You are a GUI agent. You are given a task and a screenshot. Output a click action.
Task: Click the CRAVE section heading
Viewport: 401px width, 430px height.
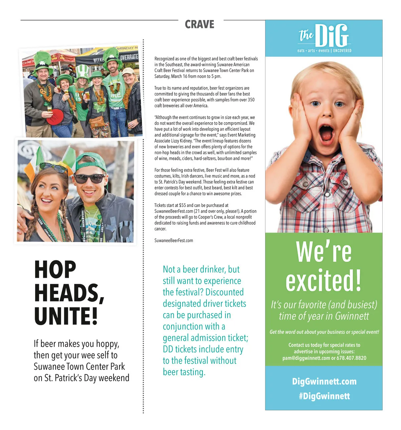(x=199, y=24)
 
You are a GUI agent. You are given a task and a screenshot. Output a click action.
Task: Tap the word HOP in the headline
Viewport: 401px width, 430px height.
(x=55, y=270)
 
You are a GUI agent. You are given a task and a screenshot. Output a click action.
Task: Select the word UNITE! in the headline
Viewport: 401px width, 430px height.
(x=66, y=316)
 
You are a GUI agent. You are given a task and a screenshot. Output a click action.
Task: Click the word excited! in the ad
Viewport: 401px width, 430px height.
(x=323, y=281)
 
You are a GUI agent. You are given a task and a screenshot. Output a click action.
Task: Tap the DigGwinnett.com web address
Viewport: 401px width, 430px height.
(x=324, y=381)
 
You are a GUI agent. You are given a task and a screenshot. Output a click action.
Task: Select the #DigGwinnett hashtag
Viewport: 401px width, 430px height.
(x=324, y=396)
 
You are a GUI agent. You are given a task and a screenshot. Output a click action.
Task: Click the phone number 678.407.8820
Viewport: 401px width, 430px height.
(x=351, y=358)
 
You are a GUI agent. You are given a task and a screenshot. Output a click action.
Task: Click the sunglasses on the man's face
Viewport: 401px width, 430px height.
(x=89, y=179)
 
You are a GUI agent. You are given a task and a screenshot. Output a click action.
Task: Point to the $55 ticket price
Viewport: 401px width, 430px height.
(x=182, y=205)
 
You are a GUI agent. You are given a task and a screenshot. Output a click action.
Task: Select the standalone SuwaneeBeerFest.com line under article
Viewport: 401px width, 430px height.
(x=173, y=240)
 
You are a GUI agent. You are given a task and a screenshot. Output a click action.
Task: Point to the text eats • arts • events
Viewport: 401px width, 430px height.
(x=313, y=51)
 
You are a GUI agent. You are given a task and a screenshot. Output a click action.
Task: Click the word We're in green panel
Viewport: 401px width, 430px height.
(x=323, y=252)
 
